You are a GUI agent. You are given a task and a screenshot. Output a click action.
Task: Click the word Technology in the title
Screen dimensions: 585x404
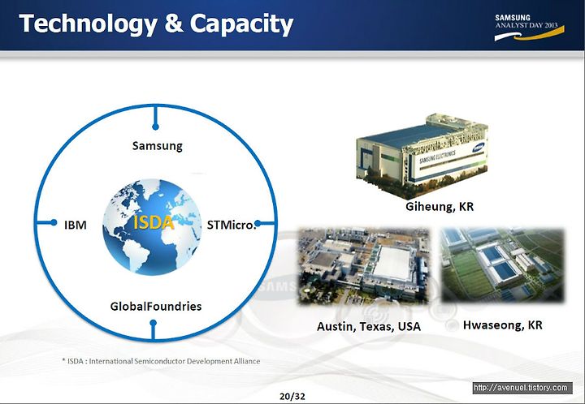88,24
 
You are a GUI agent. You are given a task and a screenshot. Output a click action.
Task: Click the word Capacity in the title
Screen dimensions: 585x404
241,24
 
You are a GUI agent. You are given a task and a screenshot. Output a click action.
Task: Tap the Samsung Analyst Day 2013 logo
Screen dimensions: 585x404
529,28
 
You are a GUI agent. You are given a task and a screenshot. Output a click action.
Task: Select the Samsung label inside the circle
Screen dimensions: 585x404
157,145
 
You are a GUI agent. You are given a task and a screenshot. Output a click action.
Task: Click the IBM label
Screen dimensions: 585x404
76,226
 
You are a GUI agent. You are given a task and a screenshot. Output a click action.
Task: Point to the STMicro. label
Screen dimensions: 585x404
232,226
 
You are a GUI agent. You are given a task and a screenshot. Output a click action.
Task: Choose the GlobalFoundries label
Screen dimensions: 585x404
156,307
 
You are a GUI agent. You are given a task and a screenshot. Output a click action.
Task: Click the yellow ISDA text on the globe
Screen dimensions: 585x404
154,222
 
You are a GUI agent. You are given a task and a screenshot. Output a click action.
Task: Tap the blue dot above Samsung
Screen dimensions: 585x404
155,127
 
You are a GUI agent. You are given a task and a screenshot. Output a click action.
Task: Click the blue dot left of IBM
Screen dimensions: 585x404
54,222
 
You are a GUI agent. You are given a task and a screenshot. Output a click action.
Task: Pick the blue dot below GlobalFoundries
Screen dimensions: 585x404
153,322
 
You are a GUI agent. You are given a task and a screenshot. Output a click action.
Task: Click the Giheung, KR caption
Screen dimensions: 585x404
440,207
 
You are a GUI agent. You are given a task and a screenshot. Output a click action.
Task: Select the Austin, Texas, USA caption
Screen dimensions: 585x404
369,327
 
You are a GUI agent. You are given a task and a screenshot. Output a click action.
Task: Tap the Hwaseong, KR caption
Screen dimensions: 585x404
503,325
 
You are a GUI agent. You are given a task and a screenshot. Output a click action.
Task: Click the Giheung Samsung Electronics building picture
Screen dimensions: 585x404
422,157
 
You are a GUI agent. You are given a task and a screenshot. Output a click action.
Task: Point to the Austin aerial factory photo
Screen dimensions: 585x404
364,266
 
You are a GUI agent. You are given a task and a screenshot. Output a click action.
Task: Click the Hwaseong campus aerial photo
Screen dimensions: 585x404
503,264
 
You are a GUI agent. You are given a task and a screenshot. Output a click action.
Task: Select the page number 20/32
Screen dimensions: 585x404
292,397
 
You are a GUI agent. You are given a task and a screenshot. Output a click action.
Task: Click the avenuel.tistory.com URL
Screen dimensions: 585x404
522,388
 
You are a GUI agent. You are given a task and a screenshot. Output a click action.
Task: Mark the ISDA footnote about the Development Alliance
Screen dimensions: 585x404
161,361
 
